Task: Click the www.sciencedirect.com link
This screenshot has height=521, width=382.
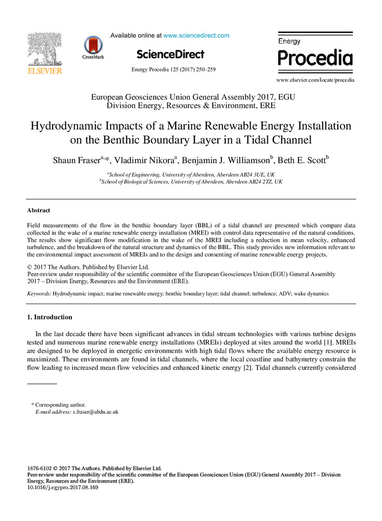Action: [x=196, y=35]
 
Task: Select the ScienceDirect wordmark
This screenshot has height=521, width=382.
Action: [x=170, y=54]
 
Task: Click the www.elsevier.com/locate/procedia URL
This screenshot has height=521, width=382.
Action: [x=315, y=80]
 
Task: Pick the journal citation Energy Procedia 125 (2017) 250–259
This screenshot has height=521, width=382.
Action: [x=170, y=69]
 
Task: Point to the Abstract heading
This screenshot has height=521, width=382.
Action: [x=39, y=210]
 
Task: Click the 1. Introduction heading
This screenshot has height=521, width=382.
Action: [x=50, y=317]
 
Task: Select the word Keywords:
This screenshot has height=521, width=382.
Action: [x=39, y=294]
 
